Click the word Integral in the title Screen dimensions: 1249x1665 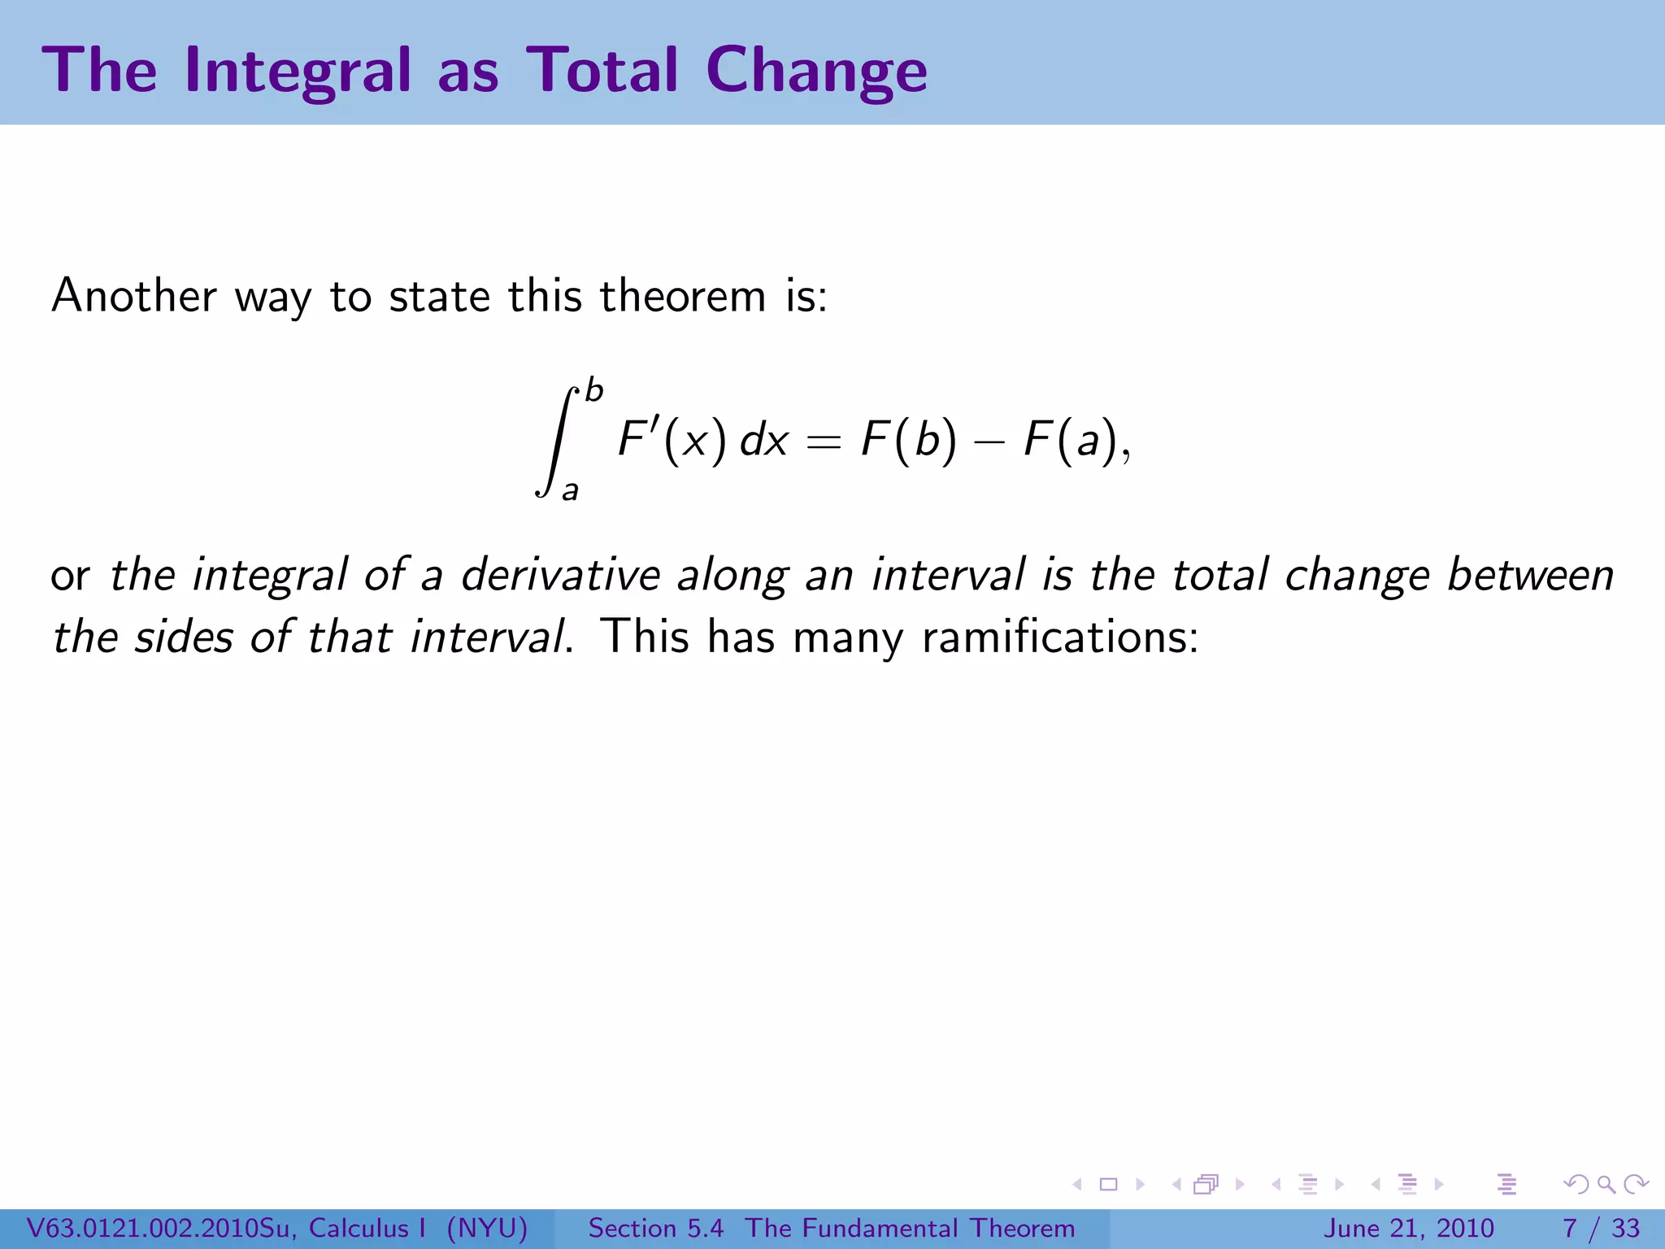pyautogui.click(x=298, y=72)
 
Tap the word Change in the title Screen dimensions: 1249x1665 pyautogui.click(x=816, y=72)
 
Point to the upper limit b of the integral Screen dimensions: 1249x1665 pyautogui.click(x=594, y=391)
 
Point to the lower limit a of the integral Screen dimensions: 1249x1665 pyautogui.click(x=571, y=491)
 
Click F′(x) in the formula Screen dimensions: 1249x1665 pyautogui.click(x=672, y=442)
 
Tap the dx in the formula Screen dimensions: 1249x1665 pyautogui.click(x=764, y=442)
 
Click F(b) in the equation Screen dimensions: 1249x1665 pyautogui.click(x=909, y=442)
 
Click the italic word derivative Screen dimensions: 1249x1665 pyautogui.click(x=560, y=575)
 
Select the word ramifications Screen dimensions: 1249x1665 pyautogui.click(x=1060, y=637)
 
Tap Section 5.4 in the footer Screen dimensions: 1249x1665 pyautogui.click(x=655, y=1228)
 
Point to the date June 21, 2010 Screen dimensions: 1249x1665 pyautogui.click(x=1409, y=1228)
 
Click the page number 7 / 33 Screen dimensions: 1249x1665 pyautogui.click(x=1601, y=1228)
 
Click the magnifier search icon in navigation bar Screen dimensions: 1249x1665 pyautogui.click(x=1606, y=1185)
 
